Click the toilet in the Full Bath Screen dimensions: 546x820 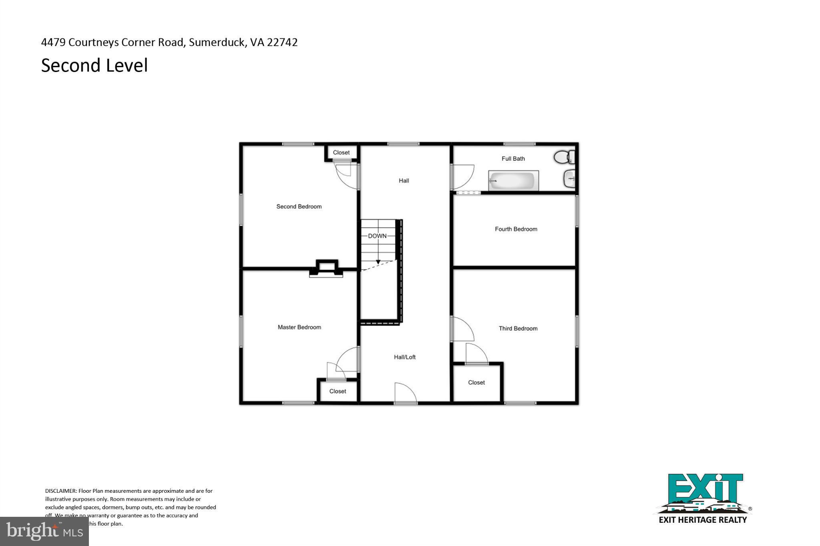coord(564,157)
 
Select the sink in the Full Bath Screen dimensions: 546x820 coord(570,179)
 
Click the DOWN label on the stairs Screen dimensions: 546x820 coord(377,236)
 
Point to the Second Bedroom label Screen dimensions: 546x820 coord(299,206)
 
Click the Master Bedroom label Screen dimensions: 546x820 coord(299,327)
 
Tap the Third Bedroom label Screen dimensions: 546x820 coord(518,328)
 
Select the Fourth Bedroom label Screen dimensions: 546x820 coord(516,229)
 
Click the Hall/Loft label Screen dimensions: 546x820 coord(404,357)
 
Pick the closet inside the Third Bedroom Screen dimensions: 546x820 coord(476,383)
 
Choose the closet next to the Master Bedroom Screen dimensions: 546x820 coord(338,391)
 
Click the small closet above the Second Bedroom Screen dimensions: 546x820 coord(341,152)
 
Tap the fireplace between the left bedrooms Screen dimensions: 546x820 coord(326,269)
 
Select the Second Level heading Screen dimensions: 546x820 coord(94,66)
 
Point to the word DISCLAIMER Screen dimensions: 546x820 coord(60,491)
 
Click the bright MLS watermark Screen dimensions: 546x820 coord(44,531)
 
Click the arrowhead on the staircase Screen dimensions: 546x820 coord(378,262)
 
